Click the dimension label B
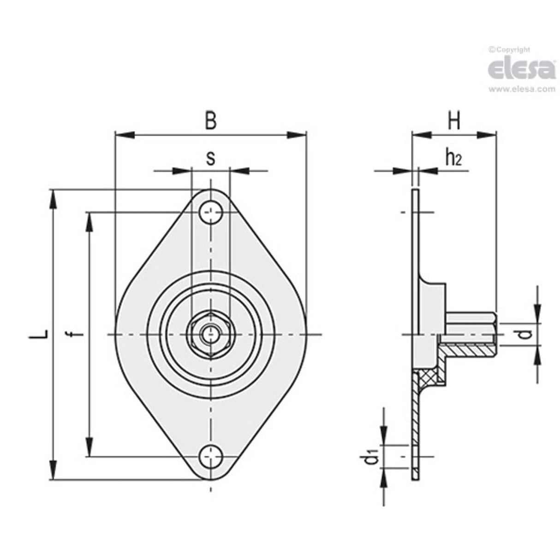[x=210, y=121]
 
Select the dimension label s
[x=210, y=158]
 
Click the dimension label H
[x=454, y=121]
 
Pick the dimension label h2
[x=453, y=158]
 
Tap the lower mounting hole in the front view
[x=211, y=457]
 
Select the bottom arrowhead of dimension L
[x=54, y=471]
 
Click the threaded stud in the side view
[x=471, y=323]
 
